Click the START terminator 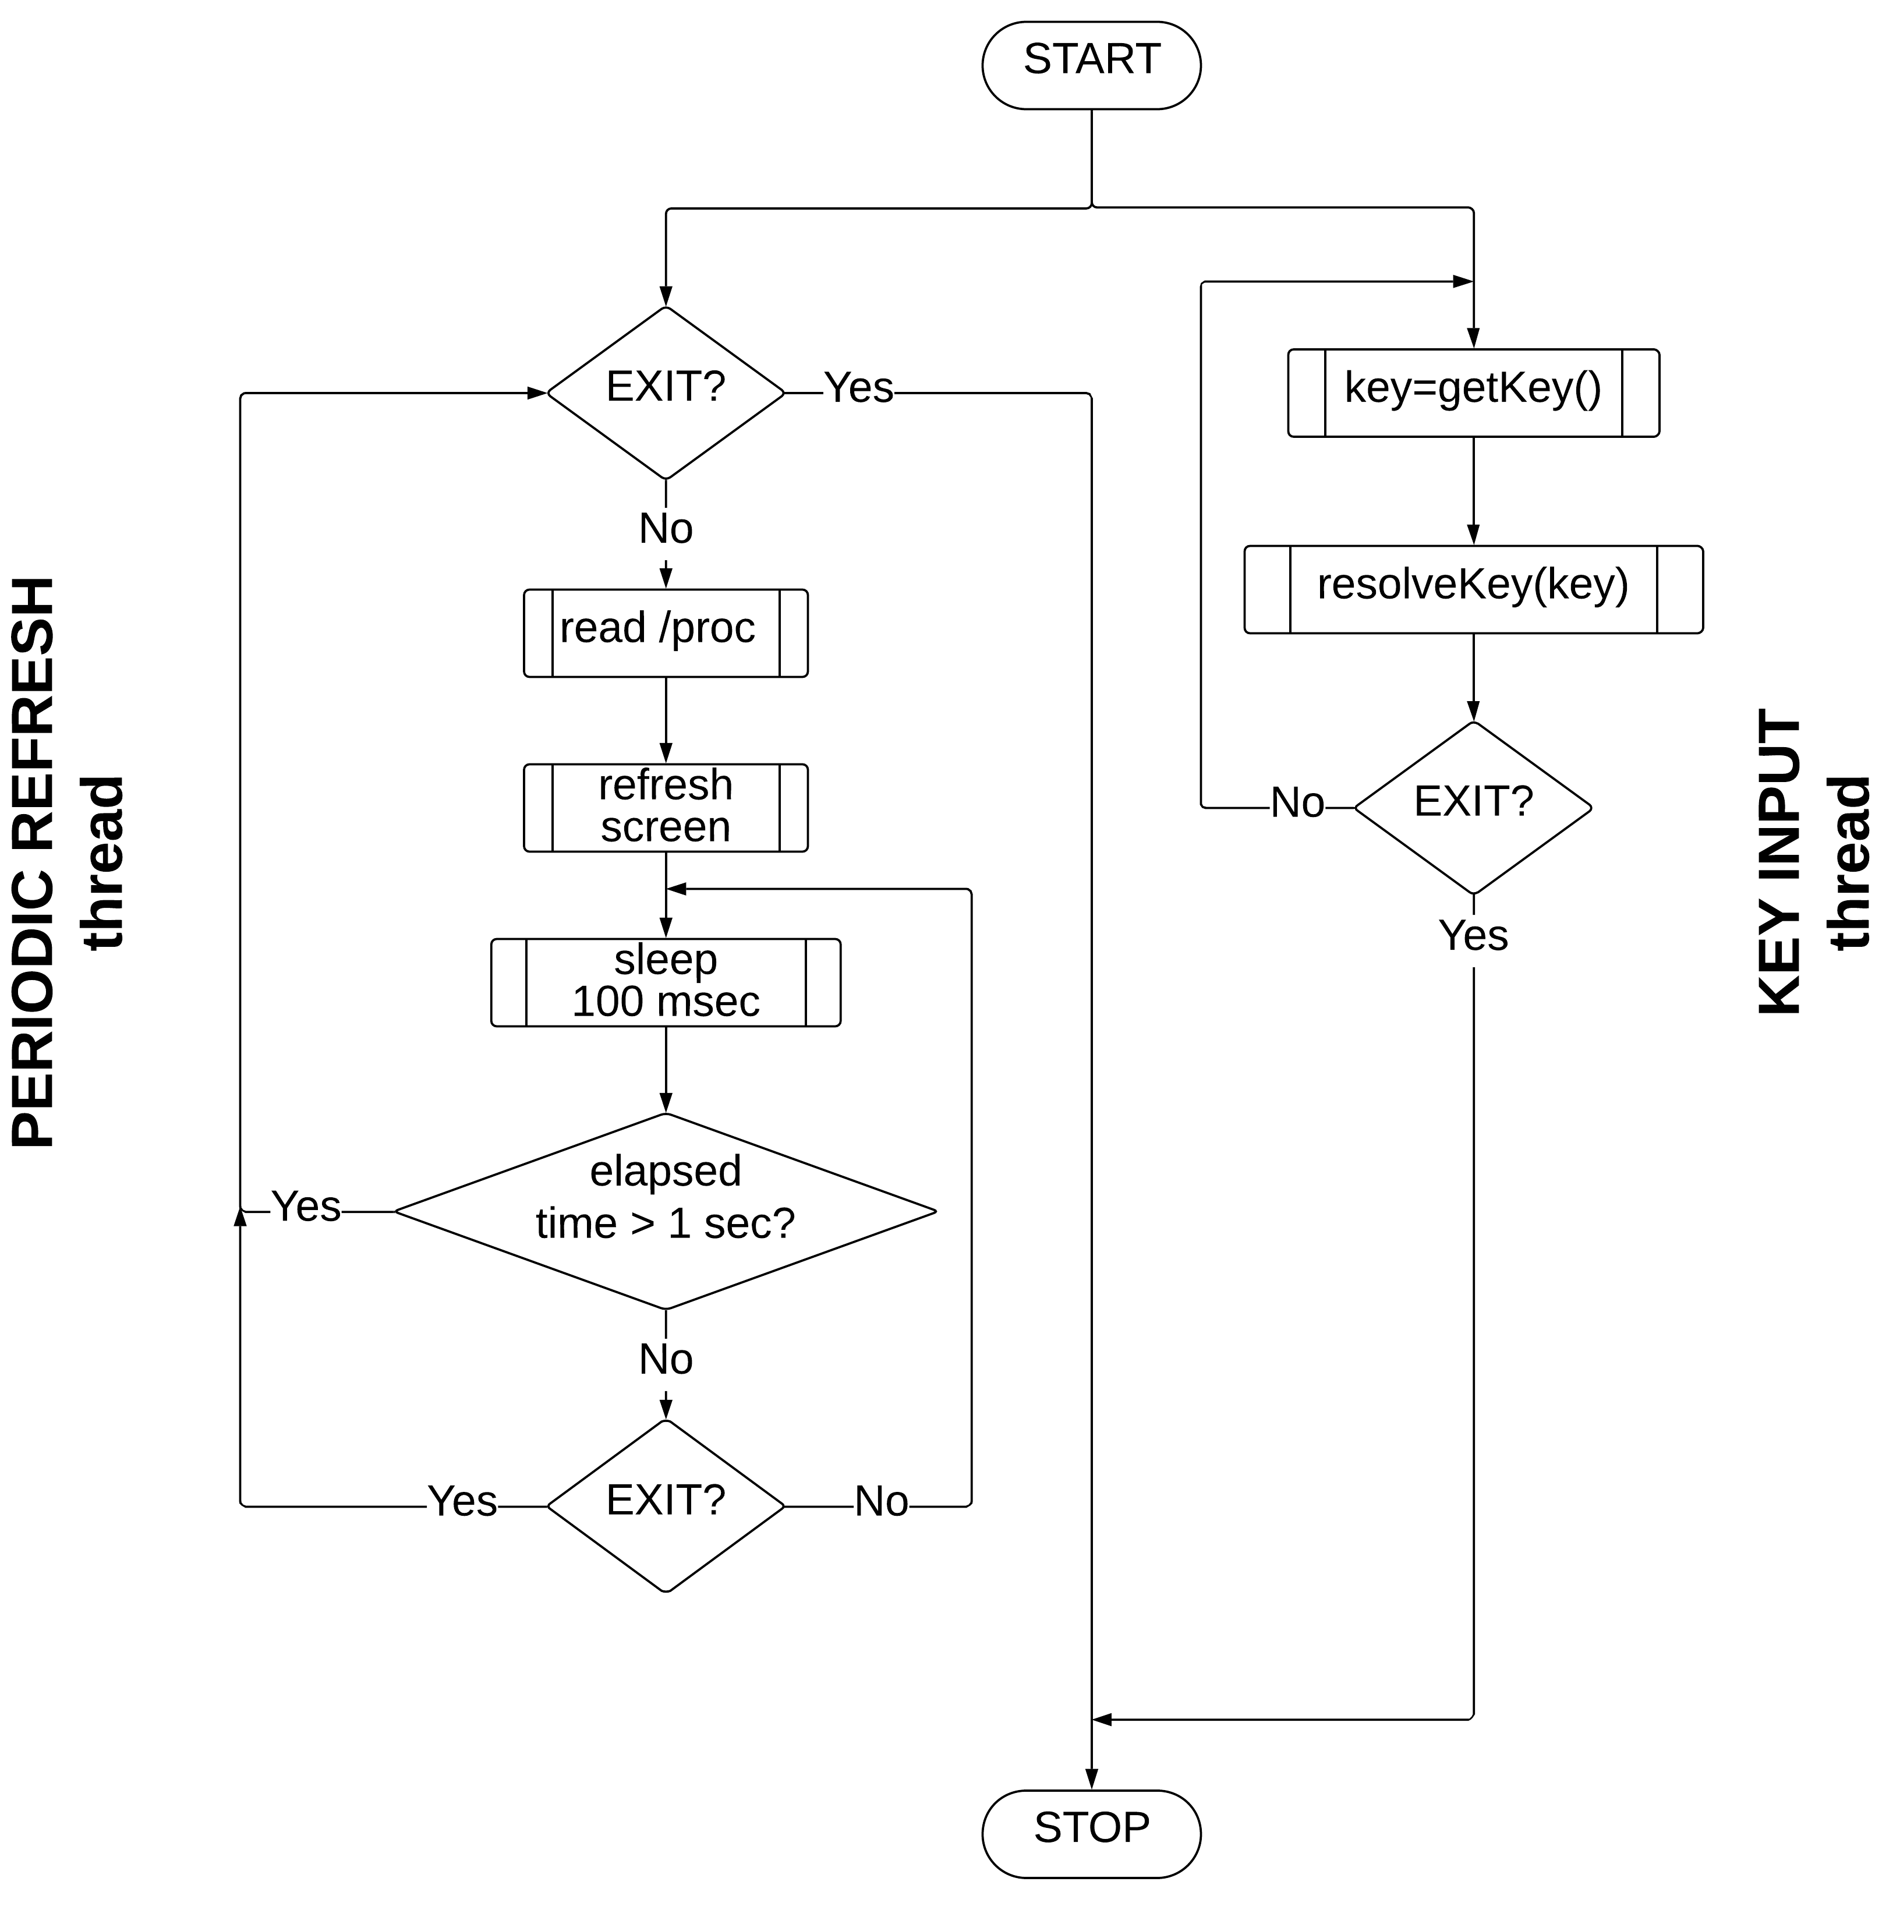[x=1091, y=65]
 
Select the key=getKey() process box [x=1473, y=393]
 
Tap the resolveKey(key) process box [x=1473, y=589]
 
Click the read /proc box [x=665, y=633]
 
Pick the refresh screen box [x=665, y=808]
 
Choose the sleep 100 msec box [x=665, y=982]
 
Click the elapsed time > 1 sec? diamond [x=665, y=1212]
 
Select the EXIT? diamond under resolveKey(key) [x=1473, y=808]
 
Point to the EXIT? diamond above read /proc [x=665, y=393]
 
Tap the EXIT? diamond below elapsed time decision [x=665, y=1506]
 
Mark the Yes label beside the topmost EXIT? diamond [x=858, y=388]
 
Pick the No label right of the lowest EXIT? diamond [x=881, y=1502]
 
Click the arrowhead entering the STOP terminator [x=1091, y=1778]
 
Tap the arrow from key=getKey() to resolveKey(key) [x=1473, y=490]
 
